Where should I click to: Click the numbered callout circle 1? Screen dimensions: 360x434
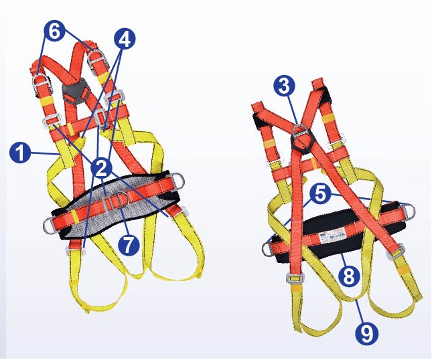coord(21,153)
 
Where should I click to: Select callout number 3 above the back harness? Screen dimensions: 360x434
coord(285,85)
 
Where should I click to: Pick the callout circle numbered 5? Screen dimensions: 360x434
coord(320,195)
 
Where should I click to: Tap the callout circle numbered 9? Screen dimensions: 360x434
coord(366,333)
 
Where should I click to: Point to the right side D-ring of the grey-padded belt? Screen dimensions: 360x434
coord(179,180)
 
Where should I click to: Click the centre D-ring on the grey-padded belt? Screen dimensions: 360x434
coord(120,199)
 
